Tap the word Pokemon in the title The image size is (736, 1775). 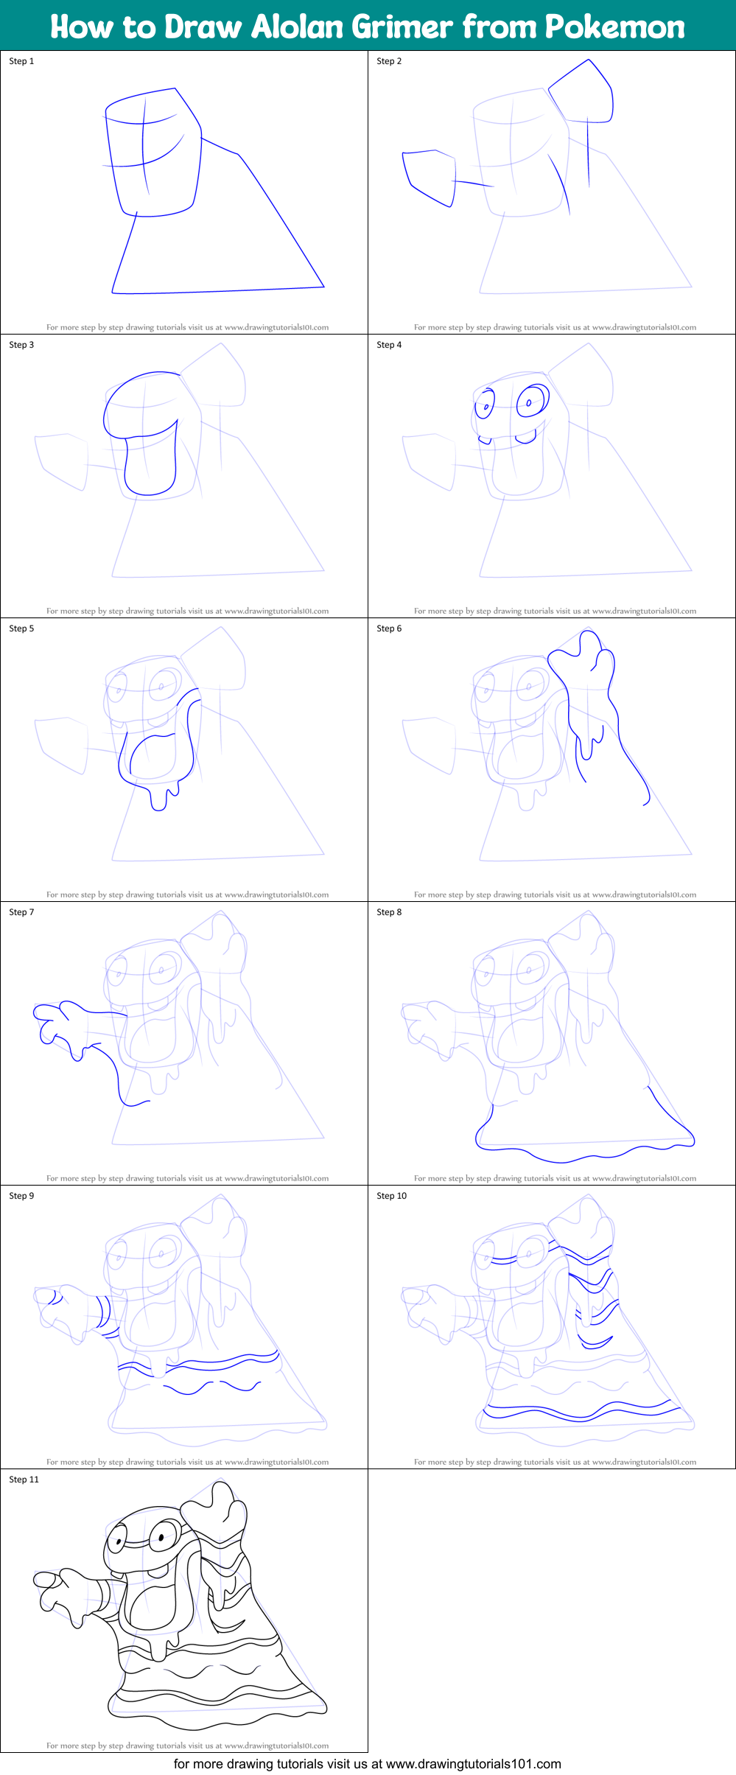pos(614,27)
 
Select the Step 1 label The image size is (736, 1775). pos(21,61)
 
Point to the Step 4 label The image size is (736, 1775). pos(389,345)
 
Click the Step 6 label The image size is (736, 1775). pos(389,629)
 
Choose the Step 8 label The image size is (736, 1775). pos(389,912)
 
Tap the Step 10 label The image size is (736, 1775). pos(391,1196)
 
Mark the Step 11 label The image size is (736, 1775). pos(24,1480)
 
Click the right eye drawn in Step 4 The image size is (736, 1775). pos(532,401)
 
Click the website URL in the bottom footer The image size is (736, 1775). pos(473,1764)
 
